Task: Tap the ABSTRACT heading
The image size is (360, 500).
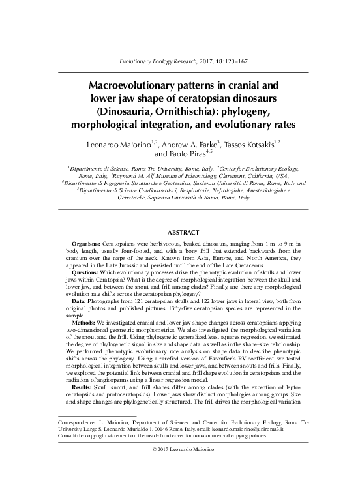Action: [x=179, y=231]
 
